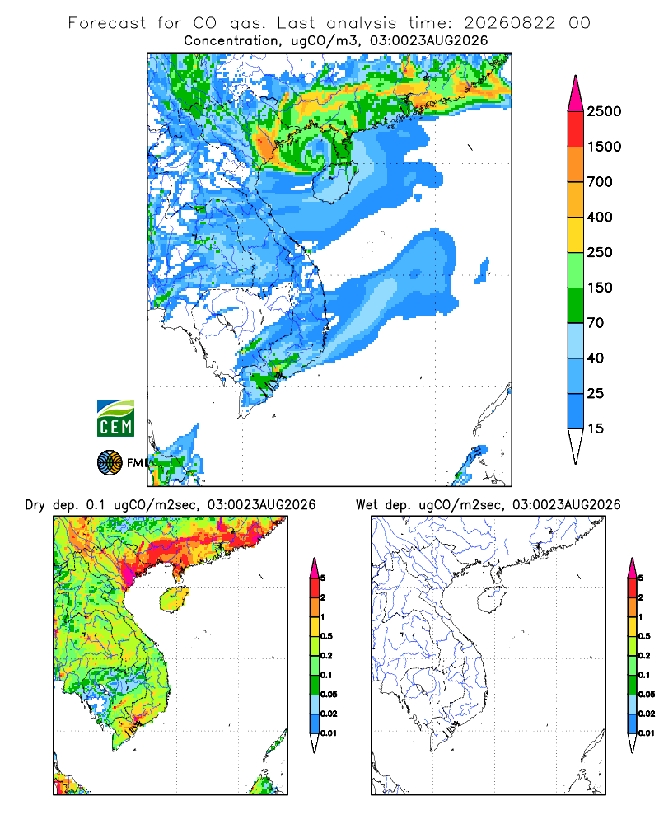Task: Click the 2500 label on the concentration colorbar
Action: point(604,111)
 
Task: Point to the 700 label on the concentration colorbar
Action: point(600,182)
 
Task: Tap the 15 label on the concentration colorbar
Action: point(596,428)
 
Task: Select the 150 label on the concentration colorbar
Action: point(600,288)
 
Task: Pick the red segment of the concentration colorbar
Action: point(576,129)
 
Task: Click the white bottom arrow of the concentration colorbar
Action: point(576,445)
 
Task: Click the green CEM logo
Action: point(115,419)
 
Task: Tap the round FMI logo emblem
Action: point(110,462)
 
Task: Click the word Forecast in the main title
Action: point(107,23)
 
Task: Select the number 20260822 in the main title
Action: point(509,23)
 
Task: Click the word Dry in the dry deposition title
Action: point(35,505)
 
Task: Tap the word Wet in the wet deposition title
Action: point(367,505)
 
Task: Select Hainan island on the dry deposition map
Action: point(174,599)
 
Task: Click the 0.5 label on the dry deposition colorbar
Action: point(326,636)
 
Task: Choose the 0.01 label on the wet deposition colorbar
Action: point(647,733)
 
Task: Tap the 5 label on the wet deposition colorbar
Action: point(641,578)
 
